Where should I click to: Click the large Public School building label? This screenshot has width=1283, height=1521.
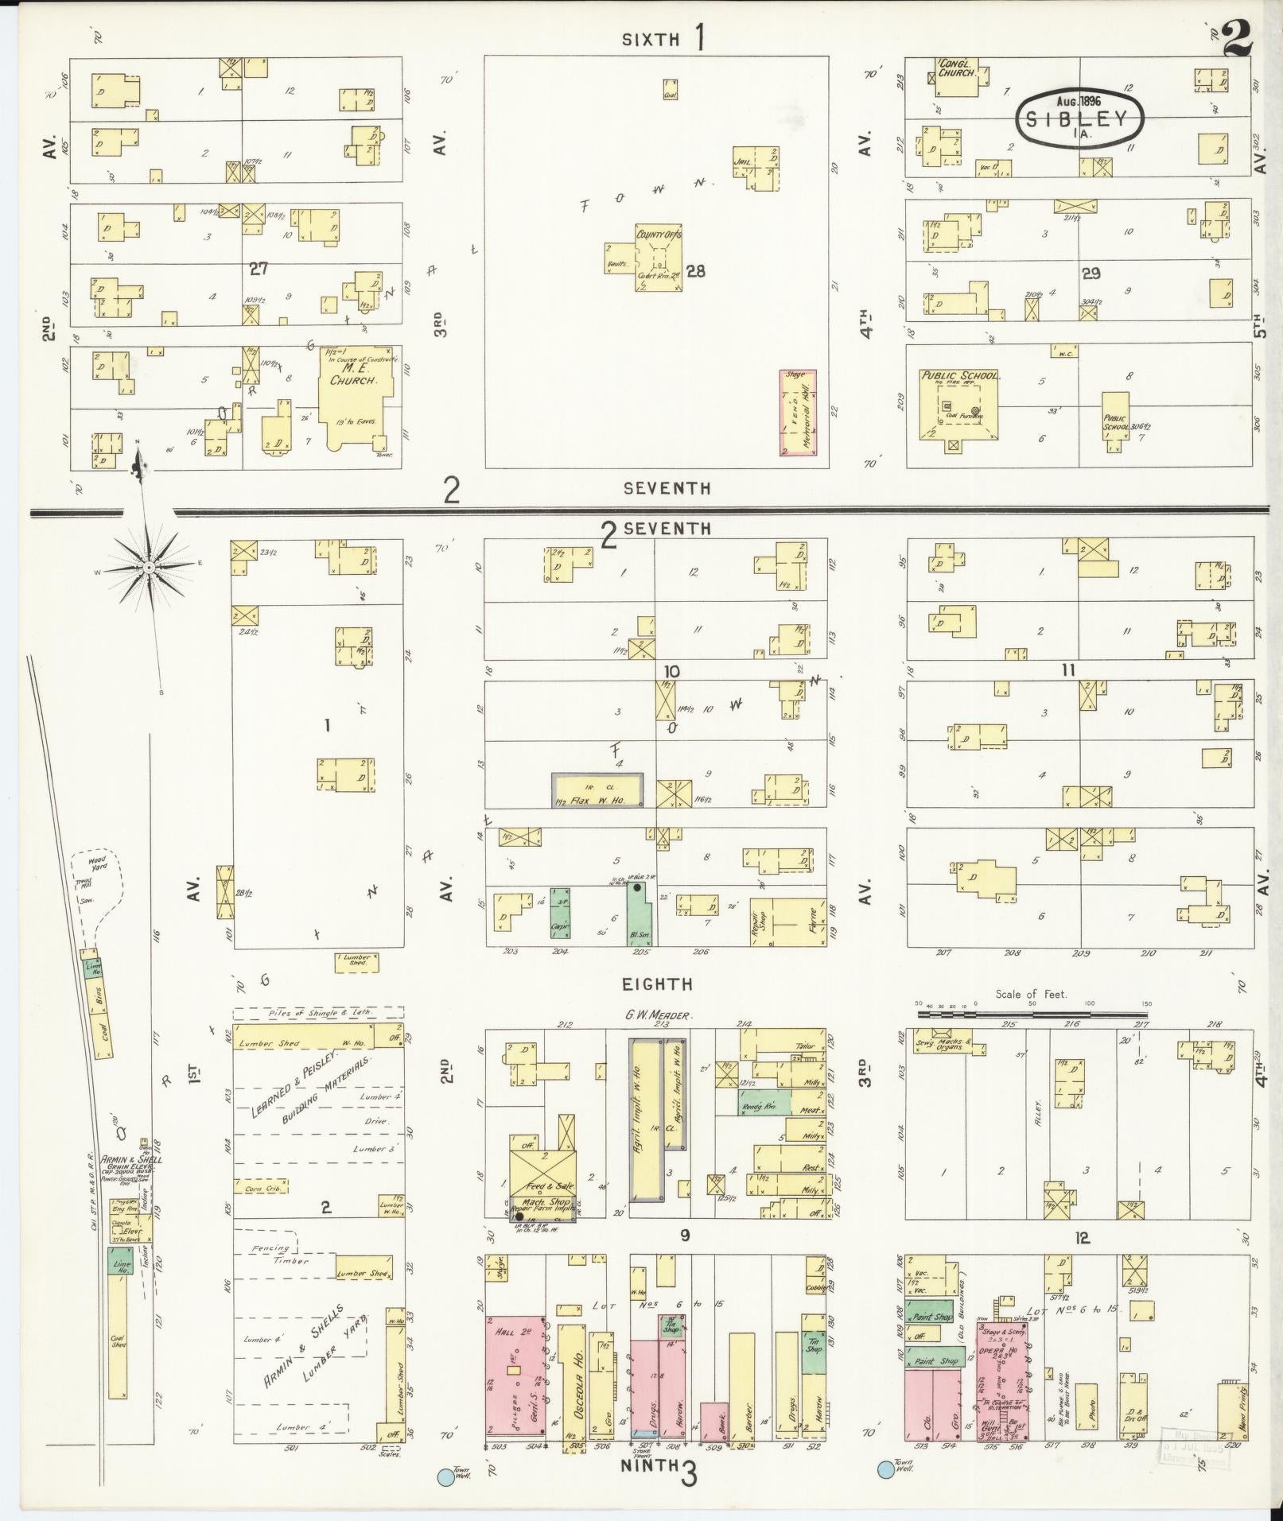(959, 375)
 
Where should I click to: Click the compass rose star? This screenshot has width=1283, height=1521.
(149, 566)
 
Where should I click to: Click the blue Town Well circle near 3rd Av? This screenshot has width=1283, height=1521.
(884, 1469)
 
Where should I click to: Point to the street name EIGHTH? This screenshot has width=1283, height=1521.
(657, 984)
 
